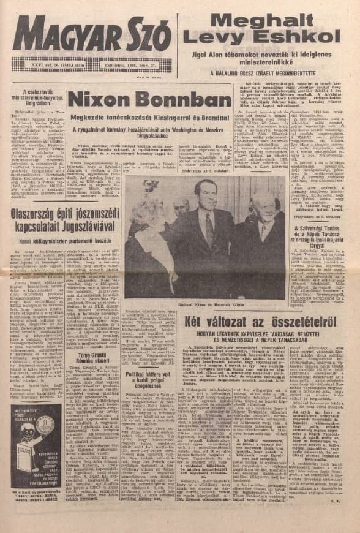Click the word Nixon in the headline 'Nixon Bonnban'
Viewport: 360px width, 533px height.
[x=100, y=99]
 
